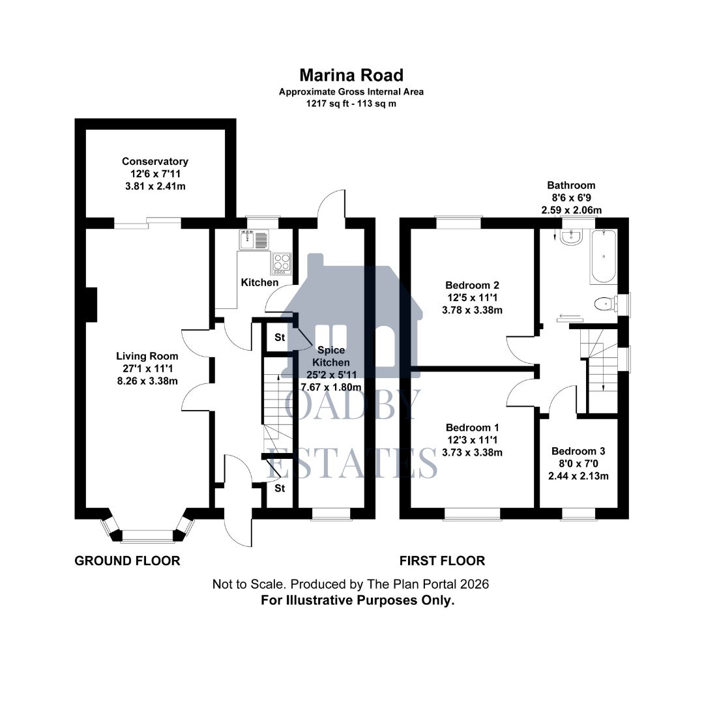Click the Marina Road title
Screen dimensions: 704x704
point(351,75)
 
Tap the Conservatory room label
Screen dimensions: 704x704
point(155,162)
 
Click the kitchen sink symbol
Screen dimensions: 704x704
point(254,241)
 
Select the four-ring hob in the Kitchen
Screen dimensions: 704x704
point(282,262)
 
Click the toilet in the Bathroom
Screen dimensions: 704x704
point(606,304)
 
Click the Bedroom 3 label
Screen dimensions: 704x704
point(578,451)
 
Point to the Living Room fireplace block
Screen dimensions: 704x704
point(92,305)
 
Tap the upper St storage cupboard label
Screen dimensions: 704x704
point(280,338)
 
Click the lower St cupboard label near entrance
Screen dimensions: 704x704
point(280,488)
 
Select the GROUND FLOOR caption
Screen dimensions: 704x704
point(127,561)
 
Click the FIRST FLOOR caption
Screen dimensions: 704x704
point(442,561)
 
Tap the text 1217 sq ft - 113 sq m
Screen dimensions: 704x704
point(351,103)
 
